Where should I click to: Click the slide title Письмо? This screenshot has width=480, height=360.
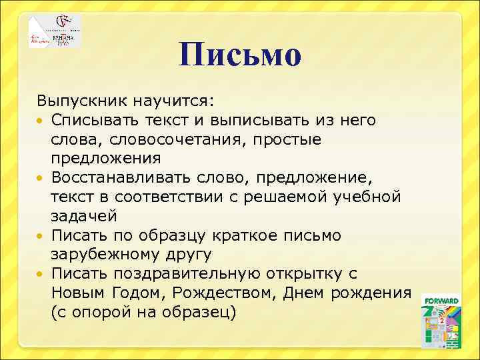(x=241, y=55)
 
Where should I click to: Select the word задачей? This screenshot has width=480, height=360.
(x=84, y=216)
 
